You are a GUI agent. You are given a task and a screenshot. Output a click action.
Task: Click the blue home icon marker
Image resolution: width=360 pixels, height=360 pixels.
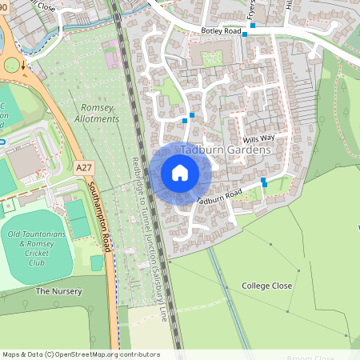pyautogui.click(x=180, y=173)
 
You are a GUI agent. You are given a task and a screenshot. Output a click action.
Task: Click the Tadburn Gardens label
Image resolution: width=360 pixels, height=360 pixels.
pyautogui.click(x=226, y=150)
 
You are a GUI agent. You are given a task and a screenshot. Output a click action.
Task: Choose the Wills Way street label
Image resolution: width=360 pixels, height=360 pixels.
pyautogui.click(x=261, y=138)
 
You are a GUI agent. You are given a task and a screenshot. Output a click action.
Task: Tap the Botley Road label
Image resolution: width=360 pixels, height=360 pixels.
pyautogui.click(x=222, y=31)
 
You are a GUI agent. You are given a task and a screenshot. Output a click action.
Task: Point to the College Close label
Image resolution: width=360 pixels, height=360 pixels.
pyautogui.click(x=267, y=286)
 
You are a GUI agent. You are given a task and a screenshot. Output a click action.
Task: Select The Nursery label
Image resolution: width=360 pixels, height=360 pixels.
pyautogui.click(x=58, y=291)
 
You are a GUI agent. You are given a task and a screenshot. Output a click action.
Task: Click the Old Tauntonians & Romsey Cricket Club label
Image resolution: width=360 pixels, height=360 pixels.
pyautogui.click(x=37, y=247)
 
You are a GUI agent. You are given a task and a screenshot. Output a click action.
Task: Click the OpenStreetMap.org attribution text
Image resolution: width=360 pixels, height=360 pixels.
pyautogui.click(x=92, y=354)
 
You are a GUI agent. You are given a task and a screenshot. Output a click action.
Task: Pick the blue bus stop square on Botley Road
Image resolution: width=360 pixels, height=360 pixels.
pyautogui.click(x=253, y=26)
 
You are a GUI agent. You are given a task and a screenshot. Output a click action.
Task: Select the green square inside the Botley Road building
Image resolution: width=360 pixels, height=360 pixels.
pyautogui.click(x=210, y=58)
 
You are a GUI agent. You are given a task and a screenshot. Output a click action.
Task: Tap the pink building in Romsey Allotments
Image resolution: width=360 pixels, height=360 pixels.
pyautogui.click(x=111, y=60)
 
